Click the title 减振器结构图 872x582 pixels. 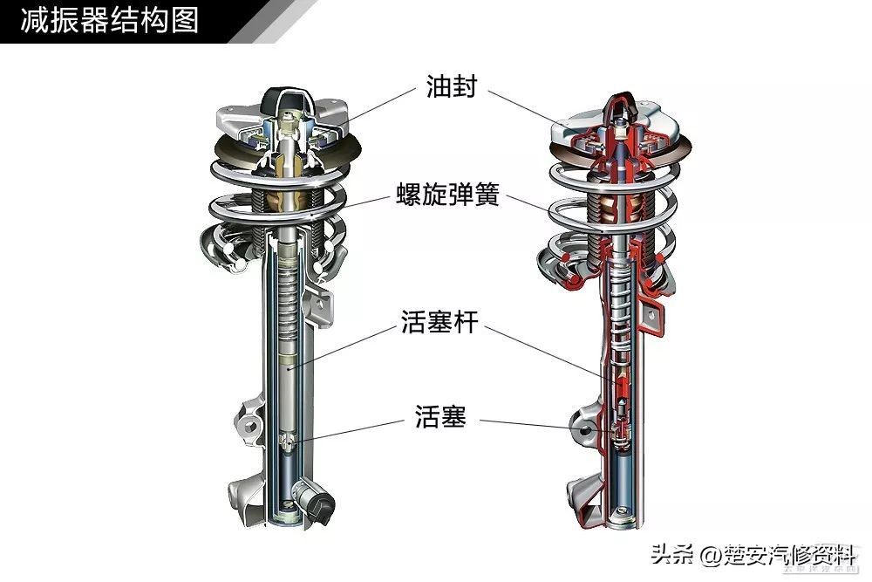pyautogui.click(x=110, y=19)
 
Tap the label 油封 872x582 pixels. pyautogui.click(x=451, y=86)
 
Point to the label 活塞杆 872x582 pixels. pyautogui.click(x=439, y=323)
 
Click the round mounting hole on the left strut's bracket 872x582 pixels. pyautogui.click(x=251, y=425)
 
